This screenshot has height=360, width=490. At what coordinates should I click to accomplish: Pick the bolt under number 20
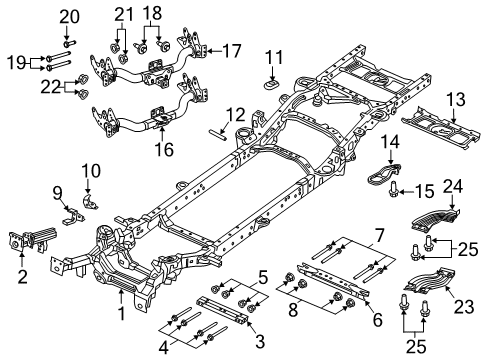(x=68, y=41)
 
